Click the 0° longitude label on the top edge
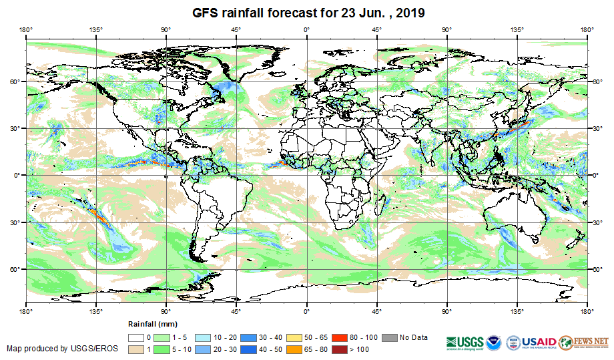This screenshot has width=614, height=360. pos(306,29)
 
